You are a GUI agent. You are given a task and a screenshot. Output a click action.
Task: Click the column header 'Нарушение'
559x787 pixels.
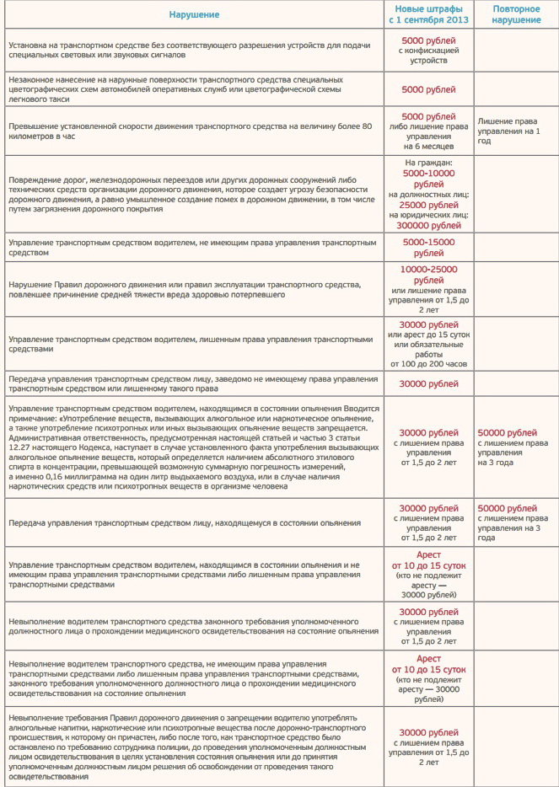pyautogui.click(x=194, y=14)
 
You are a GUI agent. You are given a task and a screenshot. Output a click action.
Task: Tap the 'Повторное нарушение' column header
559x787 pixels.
pyautogui.click(x=516, y=14)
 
